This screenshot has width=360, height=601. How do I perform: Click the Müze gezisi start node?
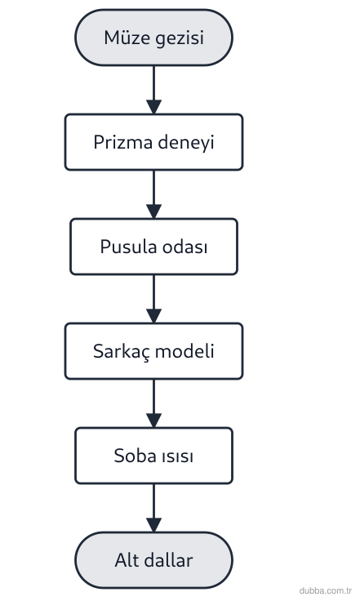[153, 38]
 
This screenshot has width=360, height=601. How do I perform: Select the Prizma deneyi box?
[153, 142]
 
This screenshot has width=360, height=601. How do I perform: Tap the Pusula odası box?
[153, 247]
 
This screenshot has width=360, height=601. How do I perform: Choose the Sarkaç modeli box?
[153, 351]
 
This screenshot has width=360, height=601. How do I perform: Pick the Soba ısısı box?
[153, 456]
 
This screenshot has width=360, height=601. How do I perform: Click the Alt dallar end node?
[153, 560]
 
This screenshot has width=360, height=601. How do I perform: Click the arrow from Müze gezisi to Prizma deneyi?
[153, 90]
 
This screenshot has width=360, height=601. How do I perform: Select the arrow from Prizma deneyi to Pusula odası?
[153, 194]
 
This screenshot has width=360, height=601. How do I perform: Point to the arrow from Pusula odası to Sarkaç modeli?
[153, 299]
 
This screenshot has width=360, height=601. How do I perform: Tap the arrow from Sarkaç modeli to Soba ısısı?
[153, 403]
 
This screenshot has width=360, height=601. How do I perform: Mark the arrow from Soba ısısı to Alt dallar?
[153, 508]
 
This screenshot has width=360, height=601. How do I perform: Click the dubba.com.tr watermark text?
[326, 590]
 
